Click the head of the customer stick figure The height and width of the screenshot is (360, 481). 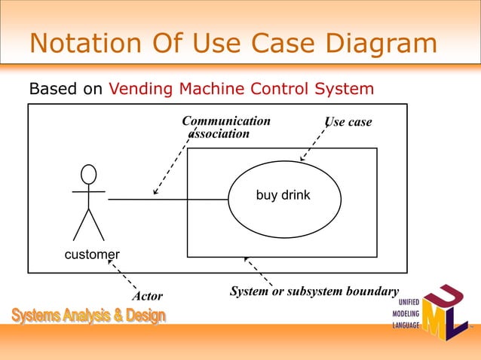click(x=89, y=175)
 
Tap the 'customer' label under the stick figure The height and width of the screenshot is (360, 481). click(x=92, y=255)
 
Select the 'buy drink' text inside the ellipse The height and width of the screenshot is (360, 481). click(x=283, y=196)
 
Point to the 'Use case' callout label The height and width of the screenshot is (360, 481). click(x=348, y=122)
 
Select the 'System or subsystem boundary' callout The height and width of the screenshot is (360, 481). click(x=314, y=291)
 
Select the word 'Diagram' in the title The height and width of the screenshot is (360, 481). click(x=379, y=43)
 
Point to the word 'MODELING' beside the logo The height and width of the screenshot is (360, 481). click(x=405, y=314)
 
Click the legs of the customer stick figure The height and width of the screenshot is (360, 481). click(x=89, y=224)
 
